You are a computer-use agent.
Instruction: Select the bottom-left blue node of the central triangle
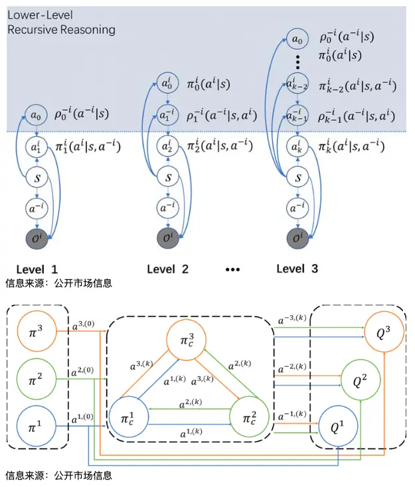(x=130, y=418)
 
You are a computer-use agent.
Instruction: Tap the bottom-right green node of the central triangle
(x=248, y=418)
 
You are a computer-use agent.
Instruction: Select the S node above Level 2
(x=168, y=178)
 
